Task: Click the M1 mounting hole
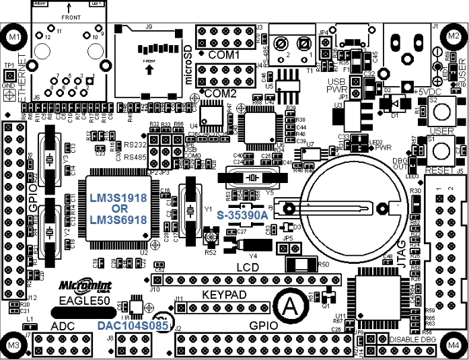(x=14, y=38)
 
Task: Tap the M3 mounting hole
(x=13, y=345)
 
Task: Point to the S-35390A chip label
(x=242, y=215)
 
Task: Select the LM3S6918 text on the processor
(x=118, y=220)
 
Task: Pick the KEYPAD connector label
(x=225, y=295)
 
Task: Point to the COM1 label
(x=224, y=54)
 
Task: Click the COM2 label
(x=221, y=93)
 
